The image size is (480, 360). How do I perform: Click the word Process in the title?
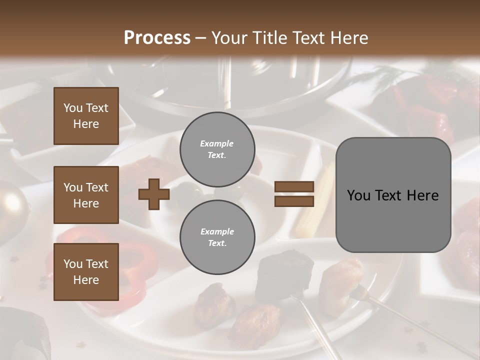click(157, 38)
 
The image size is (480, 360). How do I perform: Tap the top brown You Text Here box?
click(86, 116)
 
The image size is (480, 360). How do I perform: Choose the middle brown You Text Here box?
click(86, 195)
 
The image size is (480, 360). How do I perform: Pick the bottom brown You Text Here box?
click(86, 271)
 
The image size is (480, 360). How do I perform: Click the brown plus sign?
click(154, 194)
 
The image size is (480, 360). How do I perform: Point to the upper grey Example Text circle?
click(217, 149)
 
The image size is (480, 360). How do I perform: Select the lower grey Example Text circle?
click(217, 237)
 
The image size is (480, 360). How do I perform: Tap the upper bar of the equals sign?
click(294, 187)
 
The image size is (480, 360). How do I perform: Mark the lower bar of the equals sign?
click(294, 201)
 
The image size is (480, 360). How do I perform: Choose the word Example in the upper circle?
click(217, 143)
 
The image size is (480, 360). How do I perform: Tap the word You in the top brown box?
click(72, 108)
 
